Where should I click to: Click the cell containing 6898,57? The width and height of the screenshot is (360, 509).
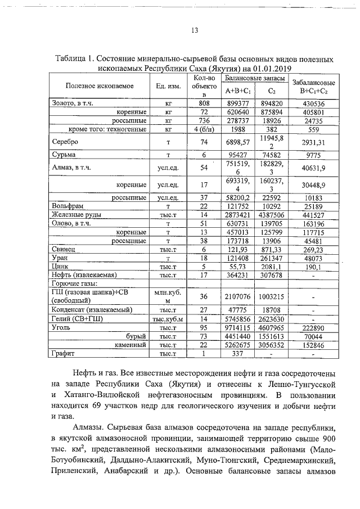pyautogui.click(x=237, y=142)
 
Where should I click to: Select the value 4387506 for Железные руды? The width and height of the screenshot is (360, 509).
pyautogui.click(x=271, y=215)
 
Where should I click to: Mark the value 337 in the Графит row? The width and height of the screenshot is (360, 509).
pyautogui.click(x=237, y=354)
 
